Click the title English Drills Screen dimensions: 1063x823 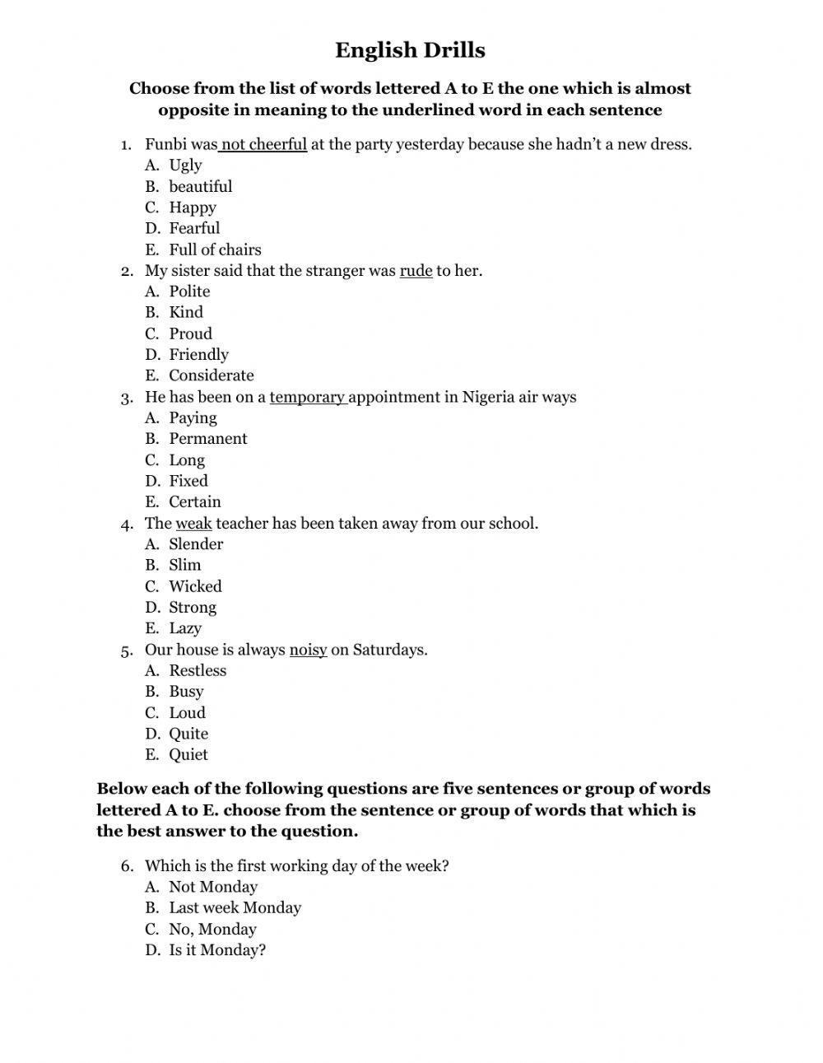click(x=410, y=50)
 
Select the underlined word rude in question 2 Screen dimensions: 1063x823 click(x=416, y=271)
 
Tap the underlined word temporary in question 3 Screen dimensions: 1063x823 click(x=307, y=397)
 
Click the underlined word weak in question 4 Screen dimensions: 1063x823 click(x=193, y=524)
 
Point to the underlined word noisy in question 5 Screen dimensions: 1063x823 click(x=308, y=650)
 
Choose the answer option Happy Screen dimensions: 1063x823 click(x=193, y=207)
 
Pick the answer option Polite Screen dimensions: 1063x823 click(x=189, y=291)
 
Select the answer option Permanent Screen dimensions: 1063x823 click(x=207, y=439)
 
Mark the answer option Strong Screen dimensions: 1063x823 click(x=193, y=608)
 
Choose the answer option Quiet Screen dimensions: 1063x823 click(x=188, y=755)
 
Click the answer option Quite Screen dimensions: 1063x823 click(x=188, y=734)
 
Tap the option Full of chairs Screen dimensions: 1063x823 click(x=215, y=249)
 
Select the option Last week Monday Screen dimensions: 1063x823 click(x=235, y=907)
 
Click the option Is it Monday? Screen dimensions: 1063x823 click(x=217, y=950)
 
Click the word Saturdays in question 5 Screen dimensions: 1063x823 click(x=389, y=650)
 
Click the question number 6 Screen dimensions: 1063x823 click(x=126, y=866)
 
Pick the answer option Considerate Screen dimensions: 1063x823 click(x=212, y=375)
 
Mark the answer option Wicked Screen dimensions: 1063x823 click(x=195, y=586)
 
